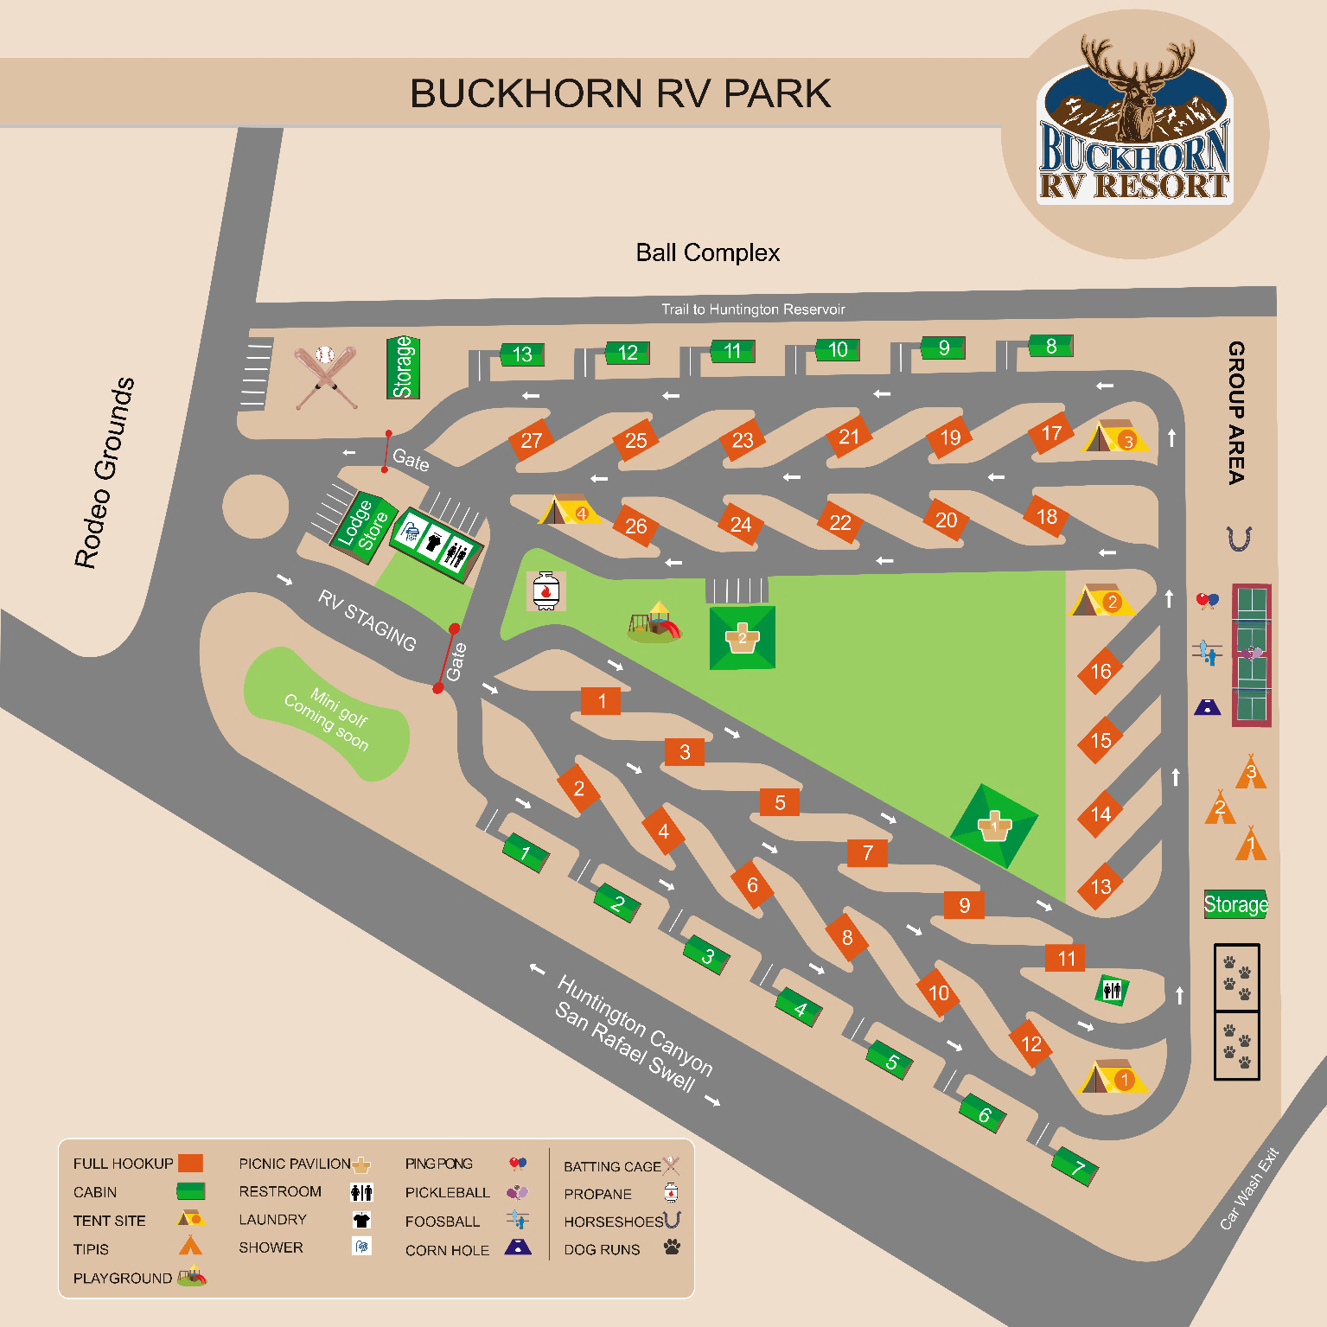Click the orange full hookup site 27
click(x=531, y=440)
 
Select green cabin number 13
click(x=522, y=354)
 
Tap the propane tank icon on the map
click(x=545, y=591)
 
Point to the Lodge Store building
click(x=363, y=524)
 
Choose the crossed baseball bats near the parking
click(x=325, y=376)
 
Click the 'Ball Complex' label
click(x=707, y=252)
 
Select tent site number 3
click(x=1115, y=437)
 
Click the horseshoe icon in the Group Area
click(x=1239, y=539)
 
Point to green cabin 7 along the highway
click(x=1075, y=1168)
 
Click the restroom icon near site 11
click(x=1112, y=990)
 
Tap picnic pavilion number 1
click(x=994, y=826)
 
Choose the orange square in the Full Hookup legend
click(x=190, y=1164)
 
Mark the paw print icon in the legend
click(x=672, y=1247)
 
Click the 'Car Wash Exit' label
click(x=1248, y=1189)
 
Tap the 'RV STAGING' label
click(x=367, y=620)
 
